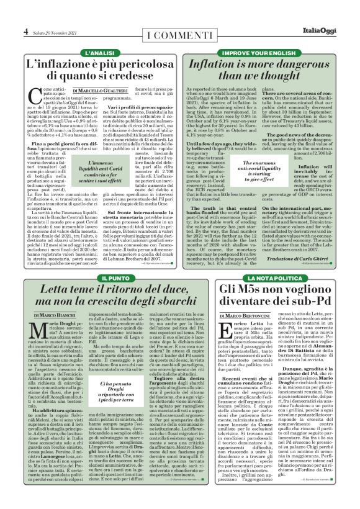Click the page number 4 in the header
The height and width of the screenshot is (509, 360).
pyautogui.click(x=25, y=31)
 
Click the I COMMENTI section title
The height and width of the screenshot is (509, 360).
pyautogui.click(x=179, y=32)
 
